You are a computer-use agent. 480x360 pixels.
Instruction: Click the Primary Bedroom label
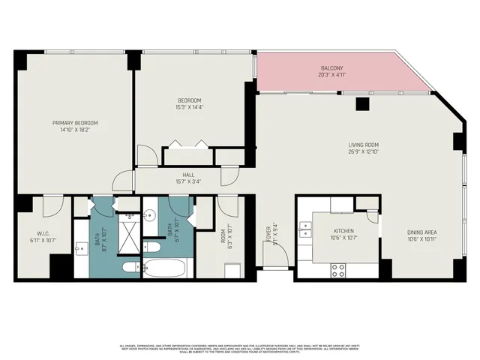75,122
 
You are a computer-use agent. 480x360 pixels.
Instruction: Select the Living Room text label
363,145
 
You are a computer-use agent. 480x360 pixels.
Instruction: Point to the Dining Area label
421,232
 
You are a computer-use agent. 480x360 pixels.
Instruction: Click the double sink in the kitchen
305,229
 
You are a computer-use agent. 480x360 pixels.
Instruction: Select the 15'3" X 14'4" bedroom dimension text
189,107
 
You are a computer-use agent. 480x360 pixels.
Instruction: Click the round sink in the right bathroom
150,214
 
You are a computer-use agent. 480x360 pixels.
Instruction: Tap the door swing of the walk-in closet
52,204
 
